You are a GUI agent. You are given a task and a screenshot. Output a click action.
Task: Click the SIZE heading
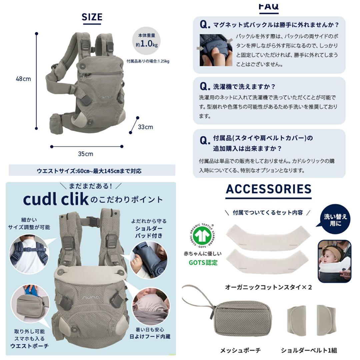92,17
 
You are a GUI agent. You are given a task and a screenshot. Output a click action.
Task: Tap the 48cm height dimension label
23,79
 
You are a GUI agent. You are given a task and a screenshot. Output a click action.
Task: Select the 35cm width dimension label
86,154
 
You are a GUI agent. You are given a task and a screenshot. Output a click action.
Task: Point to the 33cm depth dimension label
145,127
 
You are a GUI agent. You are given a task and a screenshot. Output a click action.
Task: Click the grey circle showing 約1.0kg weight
146,41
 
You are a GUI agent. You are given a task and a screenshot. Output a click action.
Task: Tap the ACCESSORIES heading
269,189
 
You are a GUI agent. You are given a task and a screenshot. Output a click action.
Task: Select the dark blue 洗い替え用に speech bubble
335,219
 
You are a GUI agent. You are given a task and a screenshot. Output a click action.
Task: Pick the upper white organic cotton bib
268,238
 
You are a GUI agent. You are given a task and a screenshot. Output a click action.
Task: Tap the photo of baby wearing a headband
335,261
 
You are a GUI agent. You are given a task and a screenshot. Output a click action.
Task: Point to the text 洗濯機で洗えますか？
244,87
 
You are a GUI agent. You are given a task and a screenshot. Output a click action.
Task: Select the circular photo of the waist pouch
30,304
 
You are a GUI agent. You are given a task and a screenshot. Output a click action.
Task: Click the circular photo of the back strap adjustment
29,254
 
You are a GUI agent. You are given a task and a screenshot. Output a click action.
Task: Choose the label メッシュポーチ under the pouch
241,350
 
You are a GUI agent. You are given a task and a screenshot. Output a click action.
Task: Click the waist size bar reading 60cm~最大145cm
92,171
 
